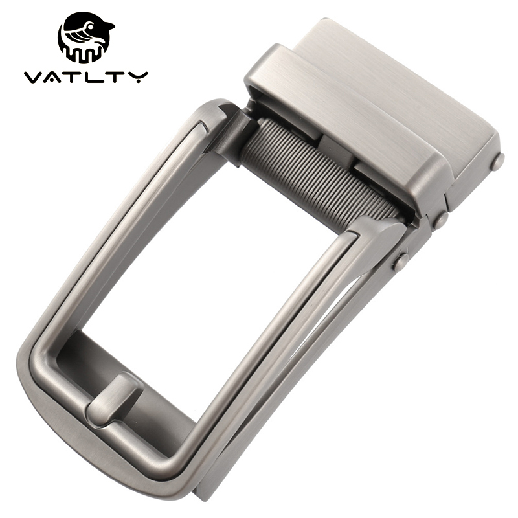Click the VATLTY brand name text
click(86, 77)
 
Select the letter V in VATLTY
click(34, 77)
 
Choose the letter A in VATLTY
click(56, 77)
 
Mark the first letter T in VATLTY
click(76, 77)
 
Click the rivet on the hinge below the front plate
click(440, 220)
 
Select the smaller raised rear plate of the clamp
click(414, 84)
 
